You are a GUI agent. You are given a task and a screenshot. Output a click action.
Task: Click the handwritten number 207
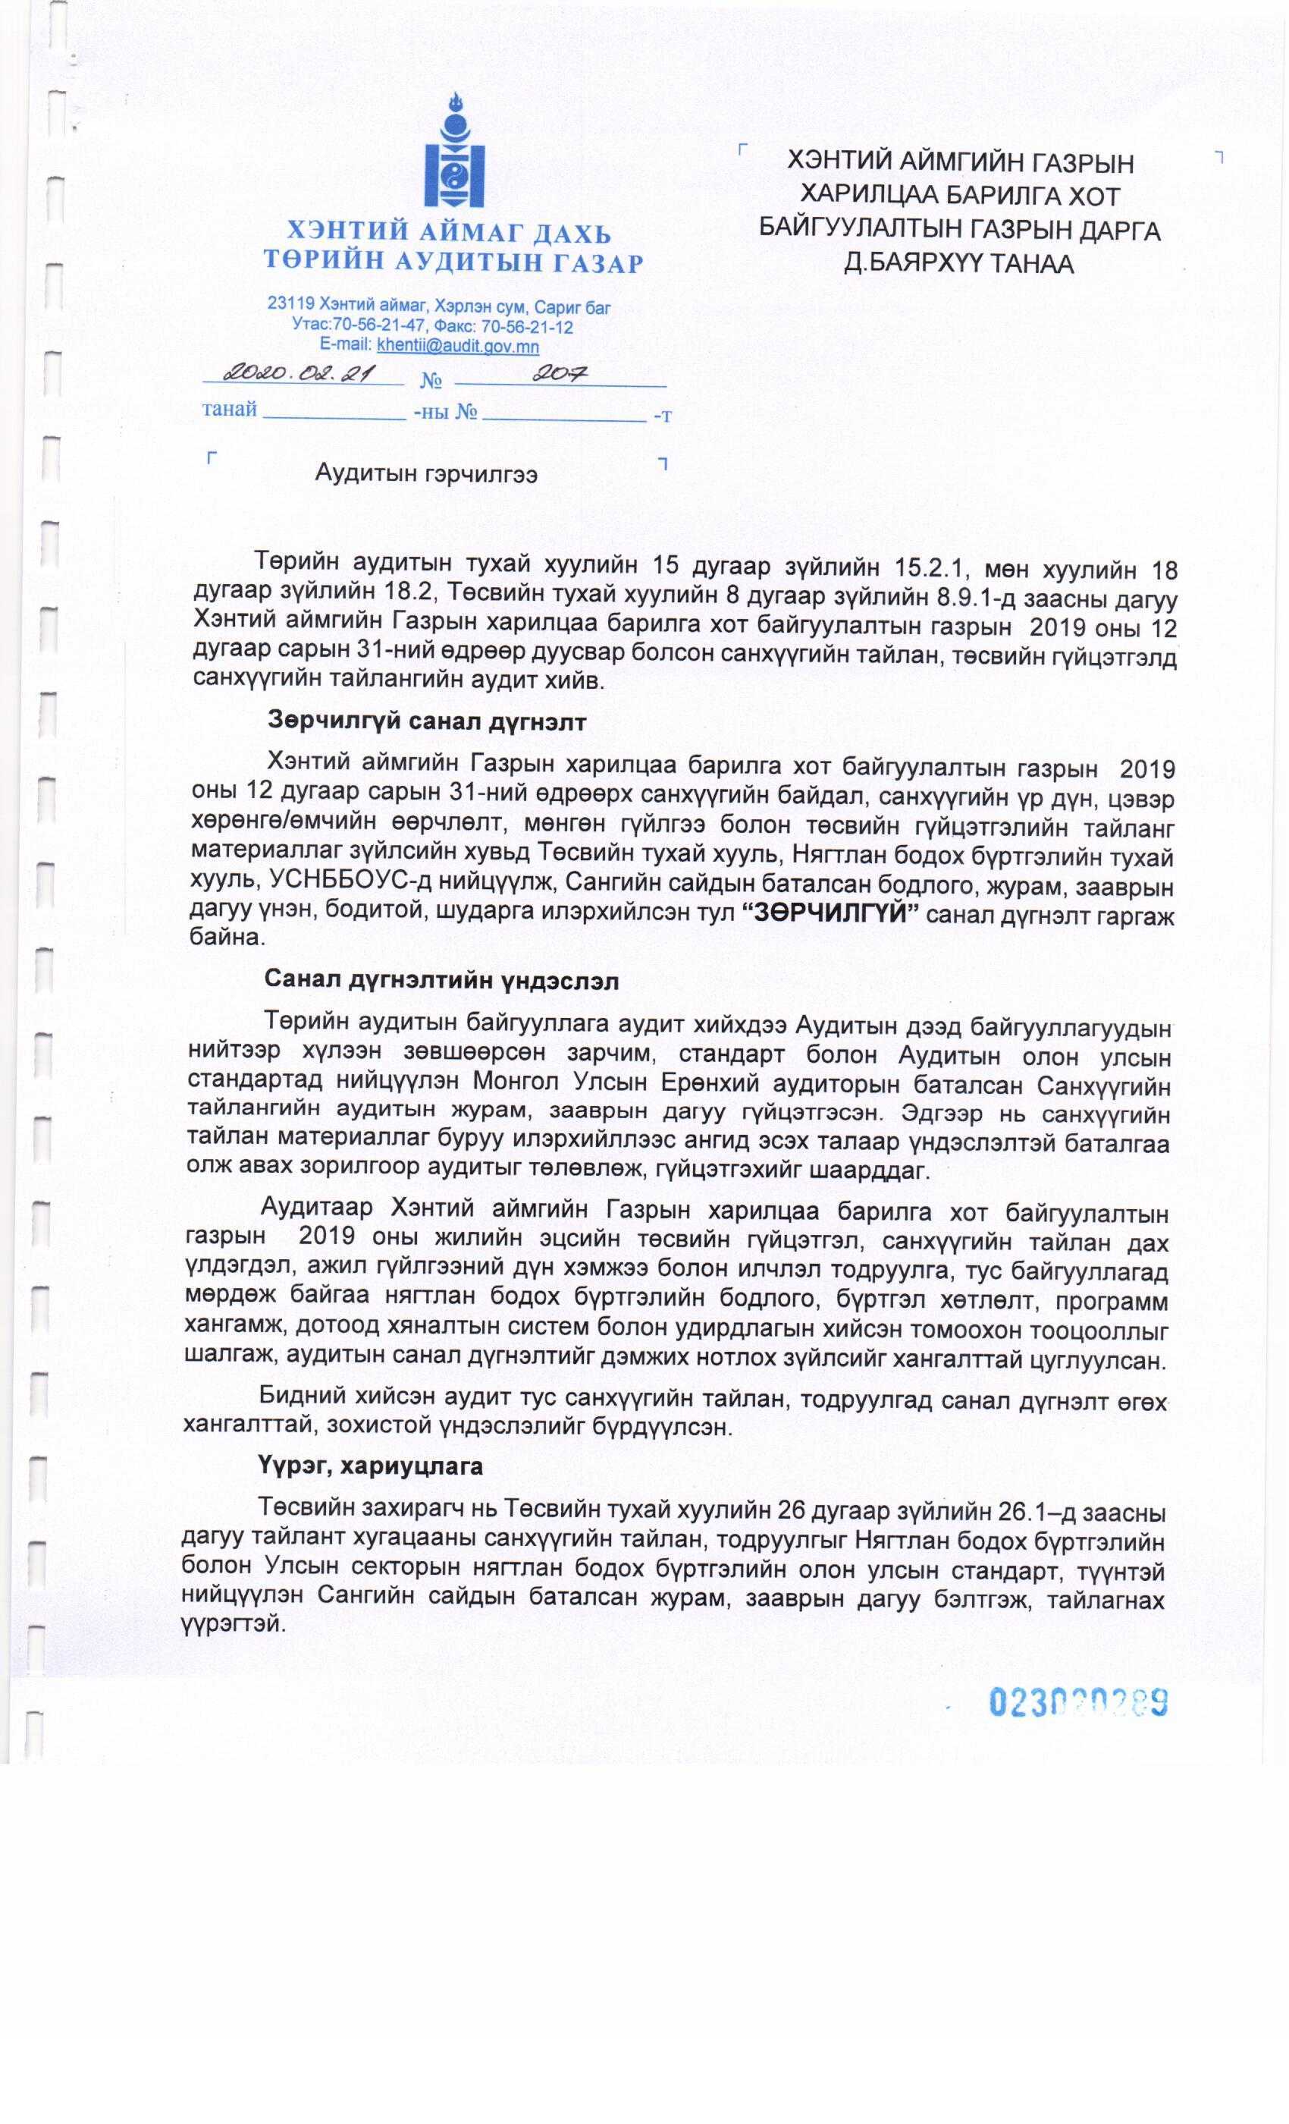560,372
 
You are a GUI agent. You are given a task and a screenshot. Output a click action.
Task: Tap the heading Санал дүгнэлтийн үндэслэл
441,981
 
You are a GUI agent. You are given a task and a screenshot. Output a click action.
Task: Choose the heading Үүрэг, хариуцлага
370,1466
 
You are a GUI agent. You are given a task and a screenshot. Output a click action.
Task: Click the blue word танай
229,410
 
